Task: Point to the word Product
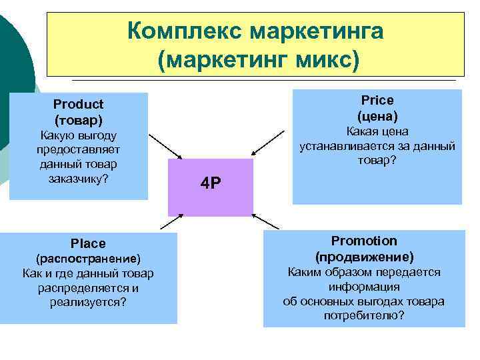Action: point(79,104)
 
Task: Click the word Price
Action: point(377,100)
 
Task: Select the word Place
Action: point(88,243)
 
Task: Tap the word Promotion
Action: point(364,241)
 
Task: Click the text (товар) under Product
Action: point(79,120)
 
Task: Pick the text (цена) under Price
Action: point(377,115)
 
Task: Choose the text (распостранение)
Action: point(88,259)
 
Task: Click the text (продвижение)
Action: point(364,257)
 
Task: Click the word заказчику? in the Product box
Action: point(79,178)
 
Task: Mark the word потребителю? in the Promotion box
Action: point(364,315)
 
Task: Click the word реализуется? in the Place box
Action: point(88,302)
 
